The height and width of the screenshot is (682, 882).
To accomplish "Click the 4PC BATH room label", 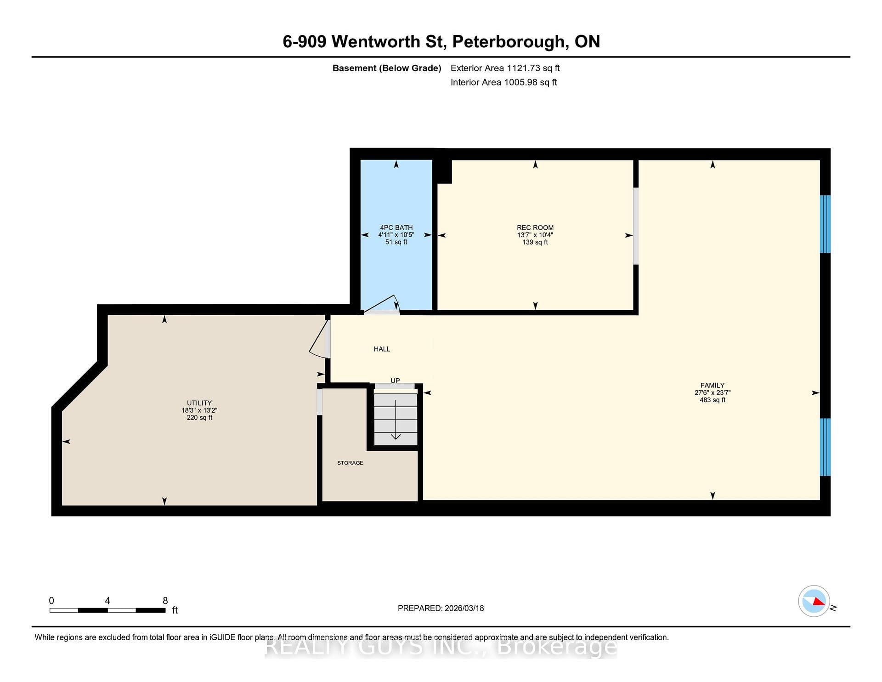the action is click(396, 227).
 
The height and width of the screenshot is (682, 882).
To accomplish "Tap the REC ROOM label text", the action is click(535, 227).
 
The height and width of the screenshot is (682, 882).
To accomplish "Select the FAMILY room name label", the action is click(712, 386).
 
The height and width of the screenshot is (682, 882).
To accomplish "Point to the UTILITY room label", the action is click(199, 403).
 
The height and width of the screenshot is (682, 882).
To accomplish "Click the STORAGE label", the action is click(350, 463).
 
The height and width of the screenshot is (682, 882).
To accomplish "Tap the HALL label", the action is click(382, 349).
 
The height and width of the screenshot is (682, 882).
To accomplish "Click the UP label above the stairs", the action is click(395, 381).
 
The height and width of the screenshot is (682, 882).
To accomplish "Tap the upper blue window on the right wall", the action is click(825, 224).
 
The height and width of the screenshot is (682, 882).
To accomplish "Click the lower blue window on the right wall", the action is click(825, 447).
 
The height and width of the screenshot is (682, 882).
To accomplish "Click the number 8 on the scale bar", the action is click(165, 601).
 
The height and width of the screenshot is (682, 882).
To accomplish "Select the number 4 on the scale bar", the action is click(107, 601).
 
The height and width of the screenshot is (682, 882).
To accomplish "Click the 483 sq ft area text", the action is click(712, 400).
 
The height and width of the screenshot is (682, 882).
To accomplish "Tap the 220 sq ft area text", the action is click(199, 418).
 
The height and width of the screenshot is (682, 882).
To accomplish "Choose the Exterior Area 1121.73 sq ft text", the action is click(505, 68).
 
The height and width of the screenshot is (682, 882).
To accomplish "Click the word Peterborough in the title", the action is click(509, 42).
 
